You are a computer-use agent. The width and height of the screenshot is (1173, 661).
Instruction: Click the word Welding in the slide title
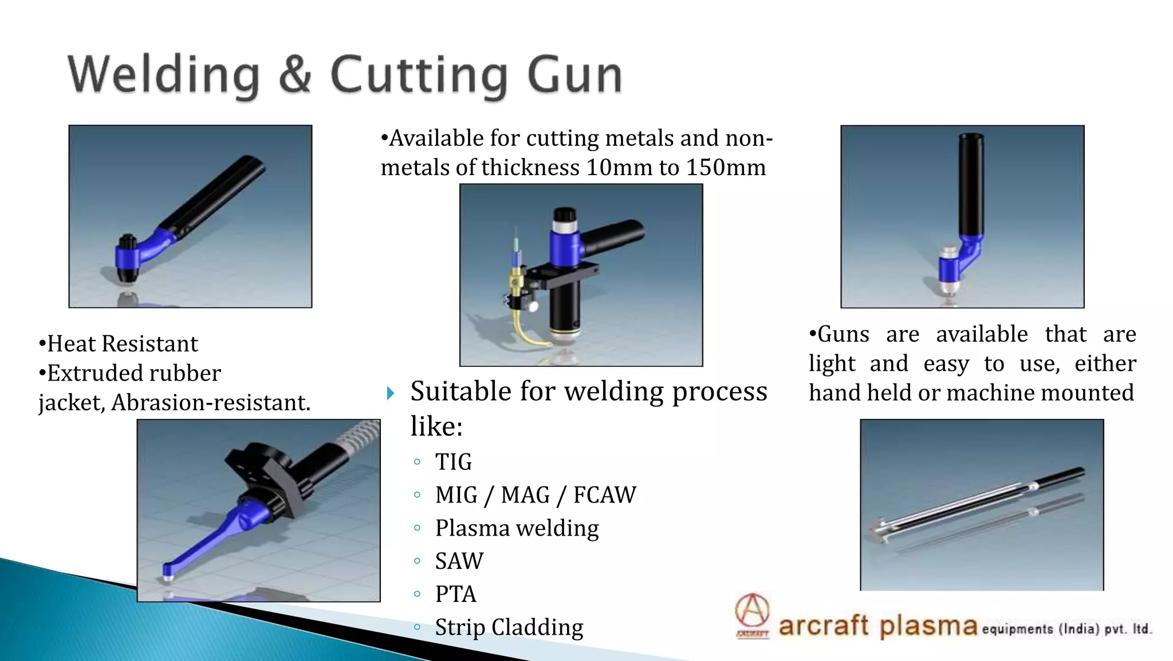click(x=164, y=74)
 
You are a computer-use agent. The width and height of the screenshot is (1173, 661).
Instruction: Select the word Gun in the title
click(x=574, y=74)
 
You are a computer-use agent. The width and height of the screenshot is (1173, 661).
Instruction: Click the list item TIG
click(x=453, y=462)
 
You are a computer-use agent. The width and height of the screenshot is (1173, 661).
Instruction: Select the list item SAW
click(x=459, y=561)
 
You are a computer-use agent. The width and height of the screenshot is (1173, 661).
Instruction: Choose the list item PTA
click(x=455, y=594)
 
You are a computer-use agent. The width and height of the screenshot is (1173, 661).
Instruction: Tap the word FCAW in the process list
click(x=604, y=495)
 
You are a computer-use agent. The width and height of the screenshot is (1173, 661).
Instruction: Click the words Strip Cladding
click(x=509, y=627)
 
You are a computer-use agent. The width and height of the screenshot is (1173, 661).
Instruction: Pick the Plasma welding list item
click(x=517, y=528)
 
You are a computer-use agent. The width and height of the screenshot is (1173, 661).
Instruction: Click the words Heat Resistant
click(x=122, y=344)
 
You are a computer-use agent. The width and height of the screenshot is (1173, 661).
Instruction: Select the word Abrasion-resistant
click(x=210, y=403)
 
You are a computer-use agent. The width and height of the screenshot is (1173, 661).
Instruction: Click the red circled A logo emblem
click(x=752, y=611)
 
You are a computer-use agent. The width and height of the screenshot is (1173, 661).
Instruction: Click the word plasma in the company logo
click(x=928, y=626)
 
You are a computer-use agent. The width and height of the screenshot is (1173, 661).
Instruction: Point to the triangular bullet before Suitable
click(x=391, y=393)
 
